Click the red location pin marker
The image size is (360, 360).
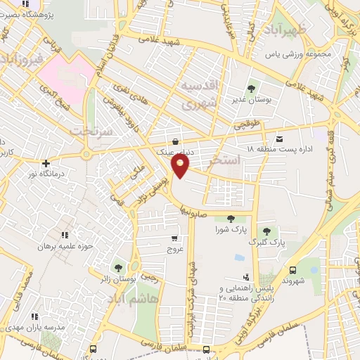[x=181, y=166]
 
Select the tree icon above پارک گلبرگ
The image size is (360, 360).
[x=266, y=231]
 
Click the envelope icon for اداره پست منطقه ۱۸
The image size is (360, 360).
[x=280, y=139]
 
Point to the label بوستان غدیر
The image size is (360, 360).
[x=251, y=99]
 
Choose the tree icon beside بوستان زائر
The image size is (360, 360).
[x=117, y=268]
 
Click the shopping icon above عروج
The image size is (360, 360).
[x=174, y=238]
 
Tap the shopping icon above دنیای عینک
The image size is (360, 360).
[x=174, y=141]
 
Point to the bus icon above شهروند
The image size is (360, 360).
[x=292, y=269]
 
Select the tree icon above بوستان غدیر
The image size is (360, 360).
[x=251, y=88]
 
